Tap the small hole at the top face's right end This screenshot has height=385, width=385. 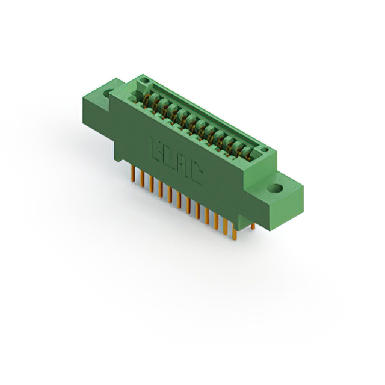point(262,148)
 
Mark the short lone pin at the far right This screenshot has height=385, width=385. point(253,226)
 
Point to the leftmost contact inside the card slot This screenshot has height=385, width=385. point(147,96)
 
